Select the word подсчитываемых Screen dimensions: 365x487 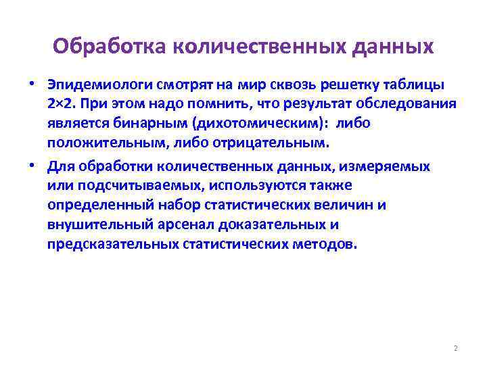121,185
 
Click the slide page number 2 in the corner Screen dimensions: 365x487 456,348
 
